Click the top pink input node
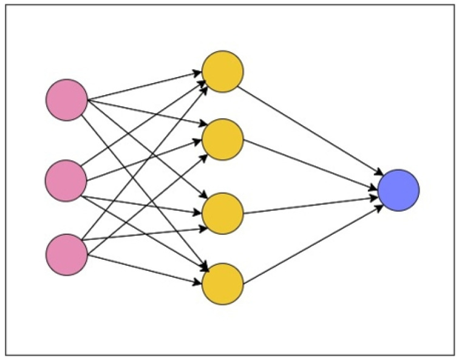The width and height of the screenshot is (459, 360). click(x=67, y=100)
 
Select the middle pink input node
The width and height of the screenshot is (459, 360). click(x=67, y=180)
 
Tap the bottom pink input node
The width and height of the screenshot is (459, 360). click(x=67, y=254)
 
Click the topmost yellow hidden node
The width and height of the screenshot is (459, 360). click(x=223, y=72)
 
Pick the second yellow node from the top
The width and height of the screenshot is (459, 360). click(x=223, y=140)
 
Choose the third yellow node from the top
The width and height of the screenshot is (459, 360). click(x=223, y=213)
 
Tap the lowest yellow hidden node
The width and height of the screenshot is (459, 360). click(x=223, y=284)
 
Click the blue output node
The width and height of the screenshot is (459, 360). click(x=398, y=190)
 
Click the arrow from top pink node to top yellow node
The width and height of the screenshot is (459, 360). click(x=146, y=86)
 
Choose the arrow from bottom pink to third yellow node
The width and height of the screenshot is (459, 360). click(x=146, y=234)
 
